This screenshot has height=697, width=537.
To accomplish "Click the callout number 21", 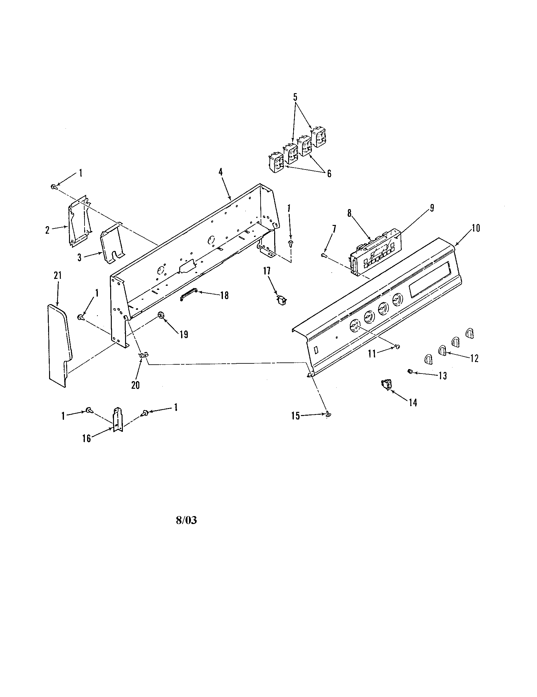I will click(x=57, y=276).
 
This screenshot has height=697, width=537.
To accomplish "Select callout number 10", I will click(x=476, y=228).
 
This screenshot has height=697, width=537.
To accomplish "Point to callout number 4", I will click(x=220, y=172).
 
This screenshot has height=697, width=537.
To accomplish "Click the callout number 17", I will click(x=266, y=271).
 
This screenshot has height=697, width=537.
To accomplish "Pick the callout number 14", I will click(x=413, y=403).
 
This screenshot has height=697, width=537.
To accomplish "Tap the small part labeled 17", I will click(x=281, y=300).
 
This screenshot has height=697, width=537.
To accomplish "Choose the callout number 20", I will click(x=135, y=385).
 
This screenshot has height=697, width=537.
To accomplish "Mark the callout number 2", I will click(x=47, y=230).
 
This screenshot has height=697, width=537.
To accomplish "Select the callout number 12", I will click(x=474, y=358).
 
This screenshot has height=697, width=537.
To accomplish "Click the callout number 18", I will click(x=224, y=296).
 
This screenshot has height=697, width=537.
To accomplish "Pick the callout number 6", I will click(x=329, y=173).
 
